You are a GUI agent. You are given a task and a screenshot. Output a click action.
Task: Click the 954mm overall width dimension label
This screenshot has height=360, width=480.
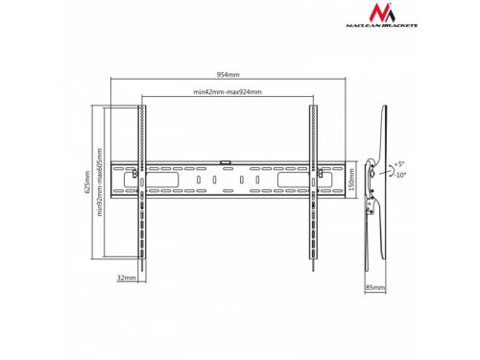coord(228,75)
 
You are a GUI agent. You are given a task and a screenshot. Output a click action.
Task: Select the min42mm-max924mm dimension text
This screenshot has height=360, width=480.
coord(228,92)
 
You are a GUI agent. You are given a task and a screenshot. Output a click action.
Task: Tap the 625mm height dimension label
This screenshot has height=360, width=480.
coord(87,182)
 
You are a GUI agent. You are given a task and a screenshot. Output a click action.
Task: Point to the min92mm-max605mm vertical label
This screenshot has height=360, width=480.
coord(100,181)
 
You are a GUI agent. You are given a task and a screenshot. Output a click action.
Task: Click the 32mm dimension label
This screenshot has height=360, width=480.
coord(127,277)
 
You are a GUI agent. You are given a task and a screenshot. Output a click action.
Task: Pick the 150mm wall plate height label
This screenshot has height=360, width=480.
coord(352,180)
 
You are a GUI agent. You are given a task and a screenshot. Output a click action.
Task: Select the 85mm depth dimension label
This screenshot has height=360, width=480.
coord(375,288)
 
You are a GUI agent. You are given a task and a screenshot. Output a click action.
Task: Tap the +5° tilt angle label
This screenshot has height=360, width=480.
coord(399,164)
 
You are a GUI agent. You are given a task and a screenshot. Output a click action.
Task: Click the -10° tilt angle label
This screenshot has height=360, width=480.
coord(400,175)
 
